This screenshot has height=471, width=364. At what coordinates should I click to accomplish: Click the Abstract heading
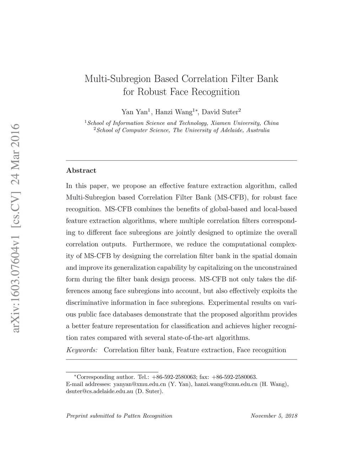click(81, 171)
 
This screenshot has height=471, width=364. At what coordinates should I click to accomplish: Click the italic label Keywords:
click(82, 350)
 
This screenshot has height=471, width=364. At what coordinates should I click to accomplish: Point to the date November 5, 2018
click(274, 416)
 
